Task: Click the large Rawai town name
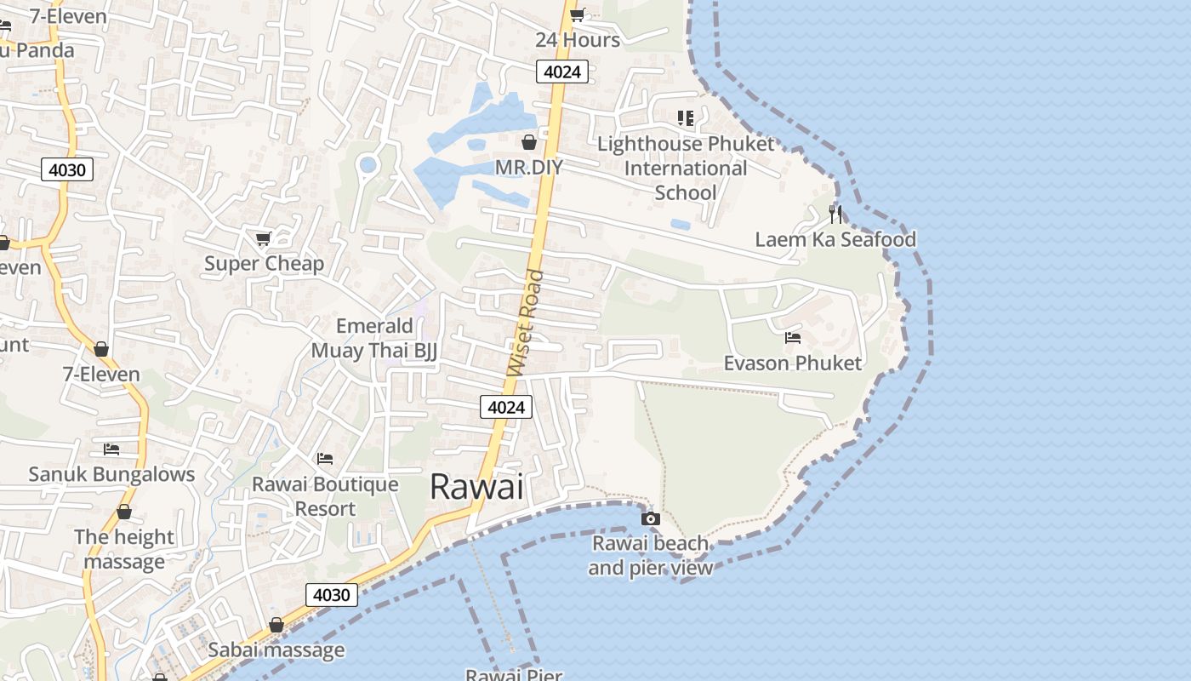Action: point(476,486)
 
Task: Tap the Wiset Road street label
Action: point(525,323)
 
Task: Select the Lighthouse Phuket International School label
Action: point(686,168)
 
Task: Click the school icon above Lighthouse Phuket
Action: point(686,118)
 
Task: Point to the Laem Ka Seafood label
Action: point(835,239)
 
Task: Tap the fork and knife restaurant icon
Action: point(835,214)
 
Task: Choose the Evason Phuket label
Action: point(792,363)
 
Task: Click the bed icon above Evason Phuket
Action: point(793,338)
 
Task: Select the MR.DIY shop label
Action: point(528,167)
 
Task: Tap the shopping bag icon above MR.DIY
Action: point(529,142)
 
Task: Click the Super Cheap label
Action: point(264,263)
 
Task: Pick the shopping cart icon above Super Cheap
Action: point(264,238)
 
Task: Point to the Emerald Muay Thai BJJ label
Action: point(374,338)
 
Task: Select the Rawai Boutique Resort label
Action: point(325,496)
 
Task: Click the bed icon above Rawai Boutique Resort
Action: point(325,459)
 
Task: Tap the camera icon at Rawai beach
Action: point(650,518)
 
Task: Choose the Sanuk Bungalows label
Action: point(111,474)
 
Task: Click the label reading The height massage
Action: point(124,549)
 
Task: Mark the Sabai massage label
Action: point(276,650)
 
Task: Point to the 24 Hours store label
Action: point(578,39)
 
